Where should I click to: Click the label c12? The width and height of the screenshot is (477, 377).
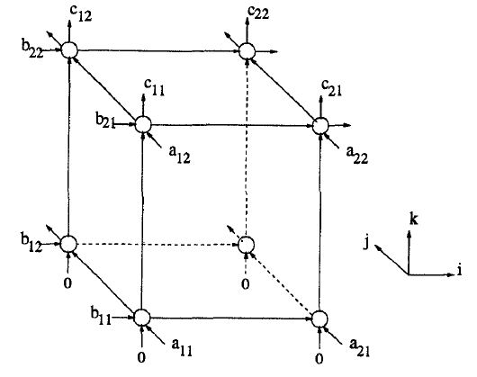point(80,13)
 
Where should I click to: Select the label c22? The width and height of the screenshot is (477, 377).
point(258,13)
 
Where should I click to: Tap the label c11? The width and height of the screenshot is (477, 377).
point(155,88)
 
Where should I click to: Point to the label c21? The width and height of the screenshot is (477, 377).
point(331,88)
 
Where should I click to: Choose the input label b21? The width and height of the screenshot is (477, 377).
point(105,121)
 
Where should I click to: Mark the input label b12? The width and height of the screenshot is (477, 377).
point(31,243)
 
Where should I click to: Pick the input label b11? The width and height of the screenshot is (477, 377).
point(101,316)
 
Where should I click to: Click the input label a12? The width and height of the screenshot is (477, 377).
point(179,155)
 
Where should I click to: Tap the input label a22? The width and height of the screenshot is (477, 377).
point(357,155)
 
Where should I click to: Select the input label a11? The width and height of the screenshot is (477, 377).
point(182,347)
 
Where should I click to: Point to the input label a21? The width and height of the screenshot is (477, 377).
point(360,347)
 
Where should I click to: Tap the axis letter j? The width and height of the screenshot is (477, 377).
point(367,242)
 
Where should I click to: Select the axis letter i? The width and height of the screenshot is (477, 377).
point(459,270)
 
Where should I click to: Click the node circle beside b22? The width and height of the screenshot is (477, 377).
point(69,49)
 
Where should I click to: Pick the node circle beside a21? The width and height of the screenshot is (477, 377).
point(319,319)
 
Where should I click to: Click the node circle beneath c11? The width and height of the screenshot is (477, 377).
point(143,124)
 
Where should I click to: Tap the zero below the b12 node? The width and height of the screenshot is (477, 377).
point(67,283)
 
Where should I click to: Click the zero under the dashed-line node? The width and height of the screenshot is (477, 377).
point(245,284)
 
